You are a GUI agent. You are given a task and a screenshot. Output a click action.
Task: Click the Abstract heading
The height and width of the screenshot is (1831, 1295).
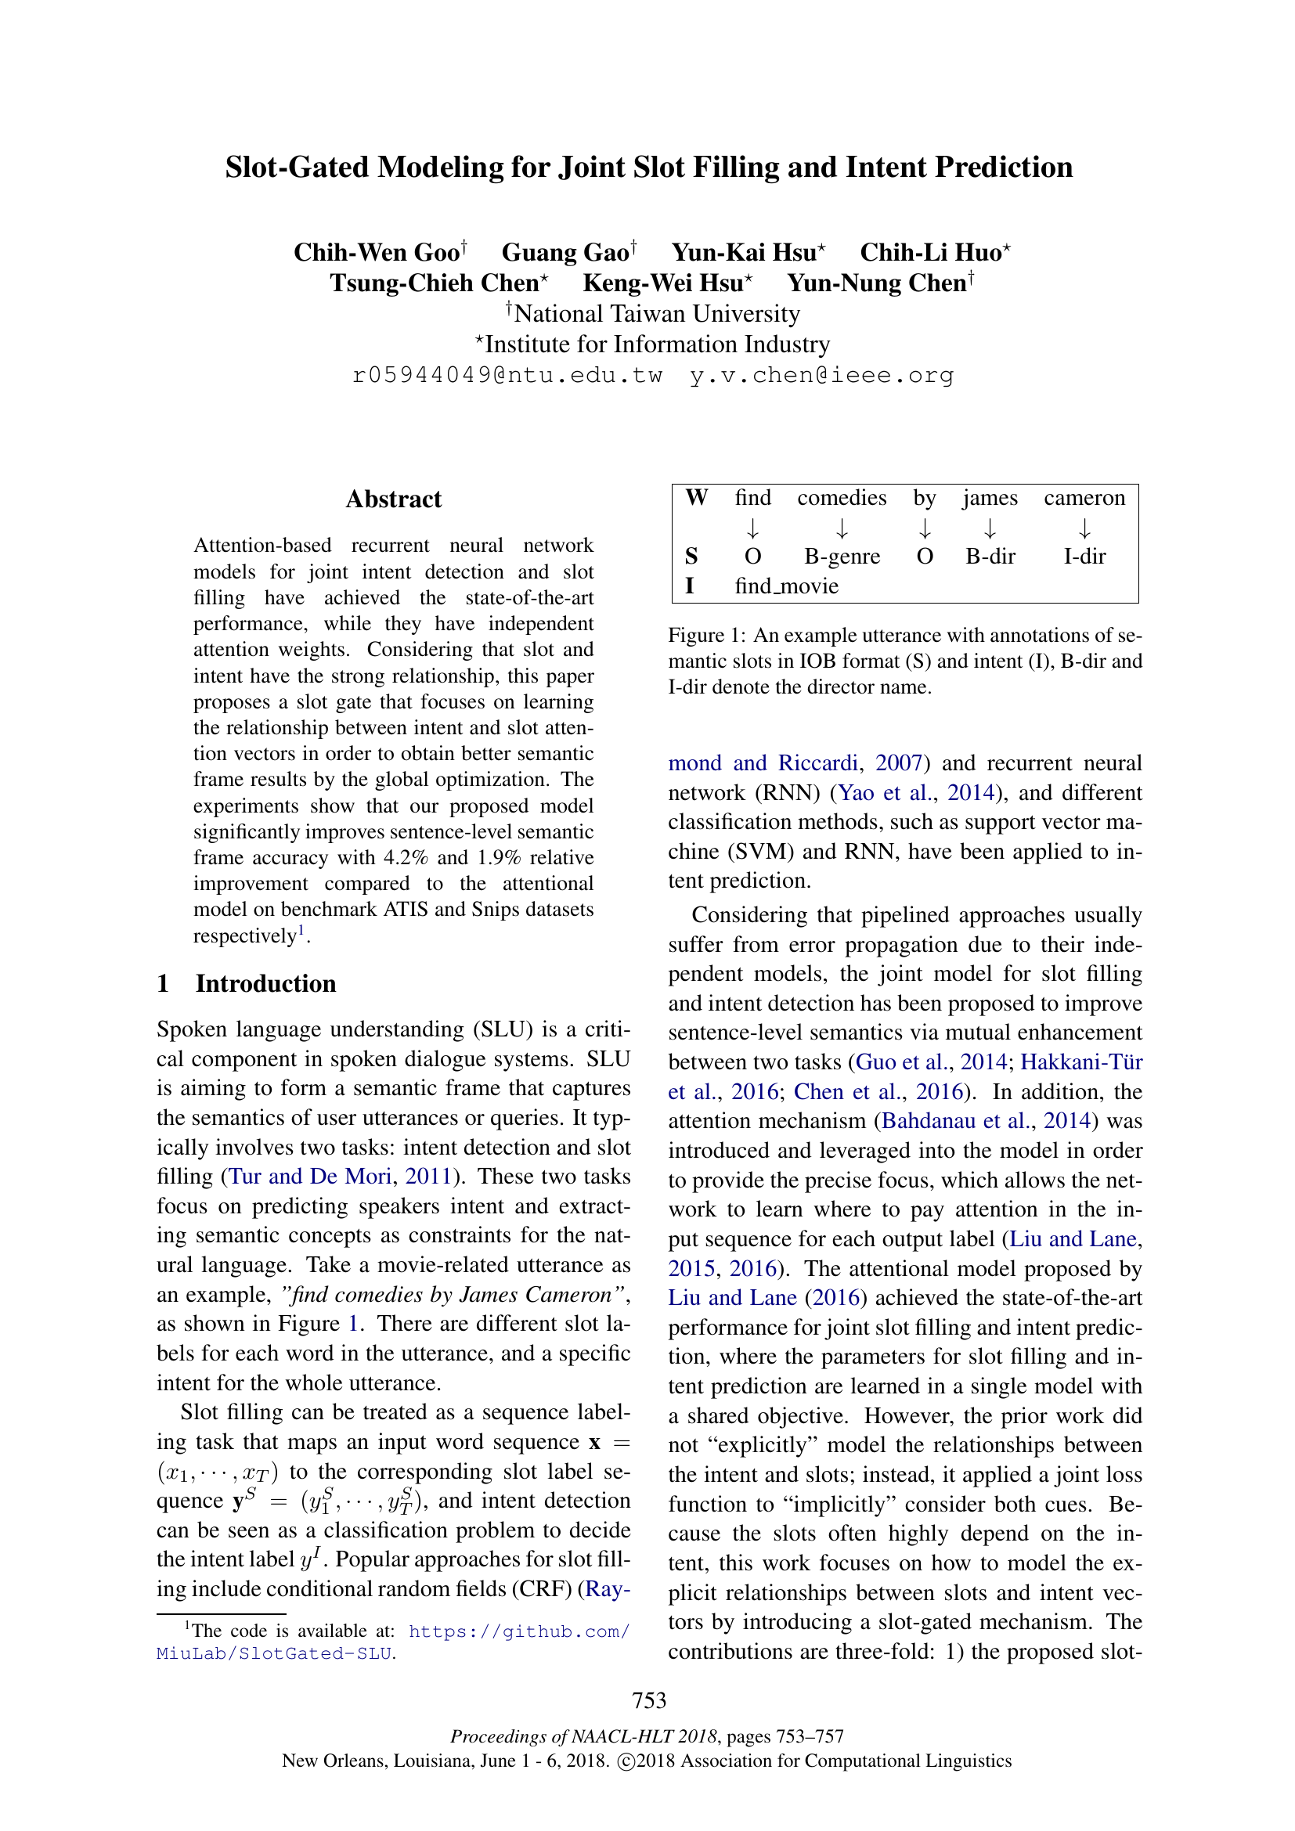[x=393, y=499]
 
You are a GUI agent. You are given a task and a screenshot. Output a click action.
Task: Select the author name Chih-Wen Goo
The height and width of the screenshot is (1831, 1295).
[x=377, y=253]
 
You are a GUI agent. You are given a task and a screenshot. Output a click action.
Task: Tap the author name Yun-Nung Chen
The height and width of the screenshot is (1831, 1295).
[x=876, y=284]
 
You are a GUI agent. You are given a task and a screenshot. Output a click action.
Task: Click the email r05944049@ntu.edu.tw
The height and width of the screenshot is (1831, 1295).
[x=507, y=376]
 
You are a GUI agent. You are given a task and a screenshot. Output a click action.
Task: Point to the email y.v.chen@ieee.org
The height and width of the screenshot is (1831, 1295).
[x=821, y=376]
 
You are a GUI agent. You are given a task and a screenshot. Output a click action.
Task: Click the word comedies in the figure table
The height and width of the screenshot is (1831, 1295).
[x=841, y=499]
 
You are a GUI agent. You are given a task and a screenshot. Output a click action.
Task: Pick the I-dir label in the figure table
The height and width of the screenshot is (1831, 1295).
[x=1084, y=557]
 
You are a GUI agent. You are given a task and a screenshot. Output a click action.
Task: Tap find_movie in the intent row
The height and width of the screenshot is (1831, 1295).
[x=786, y=587]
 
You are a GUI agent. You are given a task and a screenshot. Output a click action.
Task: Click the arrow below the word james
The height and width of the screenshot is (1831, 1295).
[x=990, y=528]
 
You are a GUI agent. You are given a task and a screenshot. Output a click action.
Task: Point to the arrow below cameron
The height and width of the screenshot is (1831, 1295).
[x=1084, y=528]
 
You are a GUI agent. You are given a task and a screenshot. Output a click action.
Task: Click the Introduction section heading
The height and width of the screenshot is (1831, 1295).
[x=265, y=984]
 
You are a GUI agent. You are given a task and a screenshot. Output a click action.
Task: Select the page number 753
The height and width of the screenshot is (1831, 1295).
[x=648, y=1701]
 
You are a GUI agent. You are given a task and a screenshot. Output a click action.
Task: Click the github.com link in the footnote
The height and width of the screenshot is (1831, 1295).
[x=518, y=1632]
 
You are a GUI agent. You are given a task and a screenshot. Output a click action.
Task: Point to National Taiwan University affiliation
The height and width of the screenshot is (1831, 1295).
[x=656, y=314]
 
